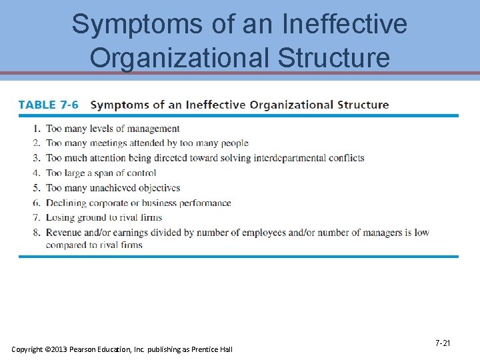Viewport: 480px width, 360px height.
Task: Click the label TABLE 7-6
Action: click(48, 105)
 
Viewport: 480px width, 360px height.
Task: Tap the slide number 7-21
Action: click(443, 343)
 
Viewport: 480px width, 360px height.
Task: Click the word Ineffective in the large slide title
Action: click(345, 25)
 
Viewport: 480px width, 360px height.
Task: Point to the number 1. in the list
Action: click(36, 129)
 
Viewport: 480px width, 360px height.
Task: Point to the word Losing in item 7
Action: click(59, 218)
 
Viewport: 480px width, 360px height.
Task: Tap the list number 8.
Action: click(36, 233)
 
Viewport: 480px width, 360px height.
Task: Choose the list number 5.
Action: click(36, 188)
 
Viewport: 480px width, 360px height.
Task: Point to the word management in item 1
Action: click(153, 129)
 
